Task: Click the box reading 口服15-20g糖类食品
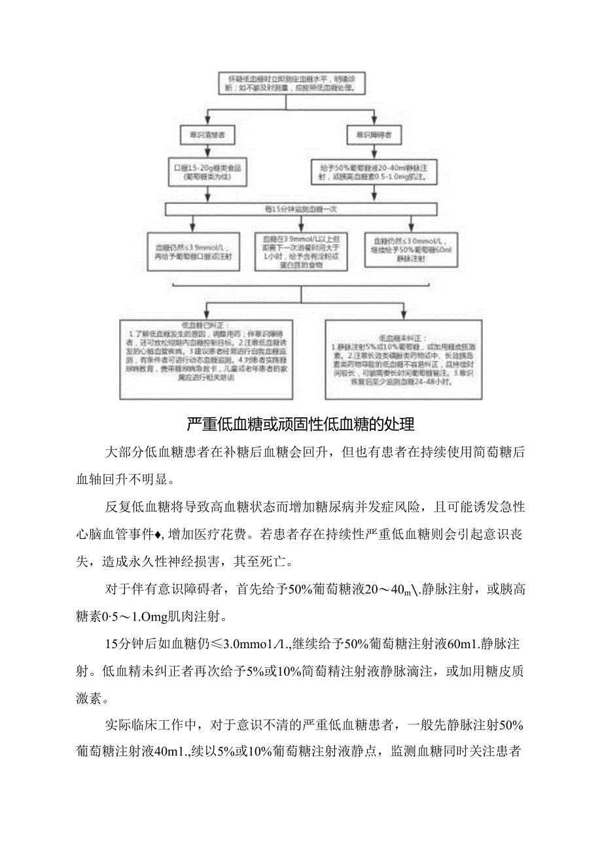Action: click(207, 171)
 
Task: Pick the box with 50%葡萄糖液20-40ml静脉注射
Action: click(374, 171)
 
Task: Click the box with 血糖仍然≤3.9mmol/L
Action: click(194, 251)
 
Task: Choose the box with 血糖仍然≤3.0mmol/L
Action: click(405, 251)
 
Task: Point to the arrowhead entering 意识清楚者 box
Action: click(207, 122)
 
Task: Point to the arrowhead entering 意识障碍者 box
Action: click(374, 122)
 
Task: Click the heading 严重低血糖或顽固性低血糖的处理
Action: click(300, 425)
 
